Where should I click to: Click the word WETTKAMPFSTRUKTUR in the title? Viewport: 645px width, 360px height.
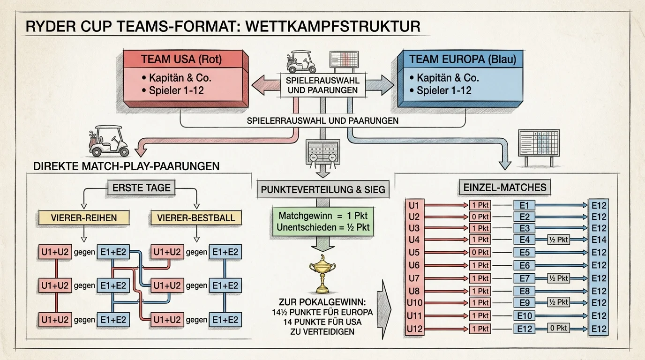[333, 27]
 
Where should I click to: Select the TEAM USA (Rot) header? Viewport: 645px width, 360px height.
[181, 60]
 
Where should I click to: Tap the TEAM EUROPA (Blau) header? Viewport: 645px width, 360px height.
[463, 59]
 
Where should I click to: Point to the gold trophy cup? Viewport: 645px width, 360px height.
[322, 274]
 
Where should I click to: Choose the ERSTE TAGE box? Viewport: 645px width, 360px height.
[142, 188]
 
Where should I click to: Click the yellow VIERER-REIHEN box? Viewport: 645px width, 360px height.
[84, 217]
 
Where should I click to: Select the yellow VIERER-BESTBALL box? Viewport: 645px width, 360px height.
[196, 217]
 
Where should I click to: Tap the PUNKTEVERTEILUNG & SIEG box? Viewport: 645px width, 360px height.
[323, 189]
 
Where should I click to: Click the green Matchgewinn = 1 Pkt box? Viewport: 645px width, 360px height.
[323, 221]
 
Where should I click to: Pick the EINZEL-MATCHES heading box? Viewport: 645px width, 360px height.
[504, 187]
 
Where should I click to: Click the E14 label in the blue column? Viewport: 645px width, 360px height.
[599, 240]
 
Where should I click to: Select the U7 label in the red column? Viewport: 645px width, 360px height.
[414, 278]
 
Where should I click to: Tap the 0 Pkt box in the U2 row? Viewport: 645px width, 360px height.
[480, 217]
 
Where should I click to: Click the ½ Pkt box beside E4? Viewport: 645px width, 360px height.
[558, 240]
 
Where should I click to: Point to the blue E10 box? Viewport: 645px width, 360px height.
[524, 315]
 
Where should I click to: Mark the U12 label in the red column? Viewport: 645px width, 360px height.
[414, 329]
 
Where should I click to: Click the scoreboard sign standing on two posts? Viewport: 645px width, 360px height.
[539, 148]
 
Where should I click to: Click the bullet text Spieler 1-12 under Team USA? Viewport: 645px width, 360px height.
[176, 90]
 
